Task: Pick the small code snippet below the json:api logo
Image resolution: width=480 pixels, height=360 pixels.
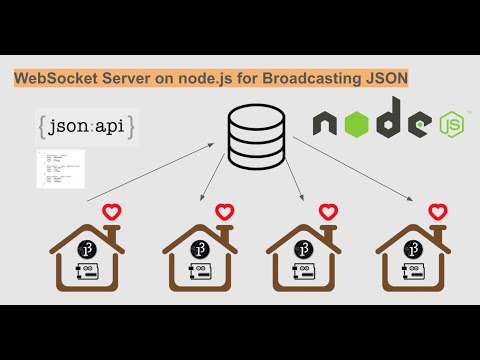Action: [59, 167]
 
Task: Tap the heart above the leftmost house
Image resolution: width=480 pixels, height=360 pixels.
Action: [111, 212]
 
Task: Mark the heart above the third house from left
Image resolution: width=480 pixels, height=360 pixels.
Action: [328, 212]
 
